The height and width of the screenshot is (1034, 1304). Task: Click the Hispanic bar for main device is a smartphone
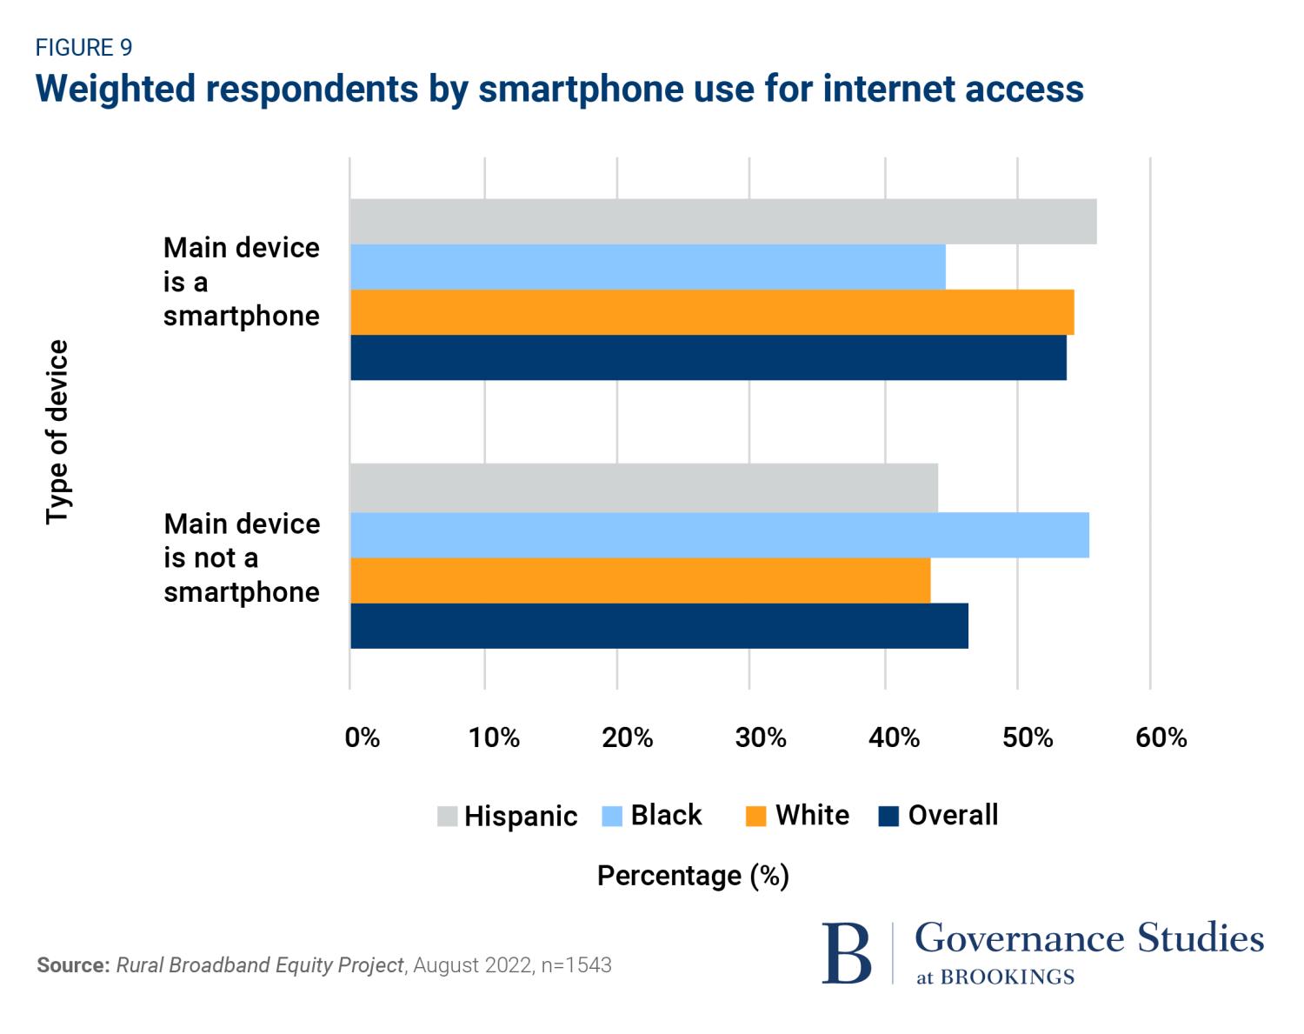(722, 222)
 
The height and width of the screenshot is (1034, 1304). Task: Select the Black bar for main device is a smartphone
(648, 267)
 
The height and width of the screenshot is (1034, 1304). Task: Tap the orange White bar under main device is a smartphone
(712, 312)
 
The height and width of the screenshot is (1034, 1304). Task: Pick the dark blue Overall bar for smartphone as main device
(708, 357)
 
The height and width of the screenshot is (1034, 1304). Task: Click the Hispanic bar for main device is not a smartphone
(643, 489)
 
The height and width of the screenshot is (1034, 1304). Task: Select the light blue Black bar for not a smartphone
(719, 535)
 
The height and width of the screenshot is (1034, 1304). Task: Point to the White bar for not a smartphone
(640, 580)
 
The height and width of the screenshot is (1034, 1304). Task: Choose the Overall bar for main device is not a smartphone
(659, 625)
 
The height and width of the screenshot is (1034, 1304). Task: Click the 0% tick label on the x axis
(362, 737)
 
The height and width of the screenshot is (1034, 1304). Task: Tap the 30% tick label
(761, 737)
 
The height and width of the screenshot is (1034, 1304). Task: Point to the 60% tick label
(1161, 737)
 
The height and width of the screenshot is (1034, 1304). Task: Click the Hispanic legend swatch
(447, 817)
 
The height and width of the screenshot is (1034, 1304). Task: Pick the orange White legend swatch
(755, 817)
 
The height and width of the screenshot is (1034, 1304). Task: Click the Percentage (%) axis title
(693, 876)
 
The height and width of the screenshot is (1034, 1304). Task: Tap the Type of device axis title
(57, 432)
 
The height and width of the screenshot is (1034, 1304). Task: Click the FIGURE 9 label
(83, 47)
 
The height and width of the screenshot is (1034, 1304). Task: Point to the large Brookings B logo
(846, 953)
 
